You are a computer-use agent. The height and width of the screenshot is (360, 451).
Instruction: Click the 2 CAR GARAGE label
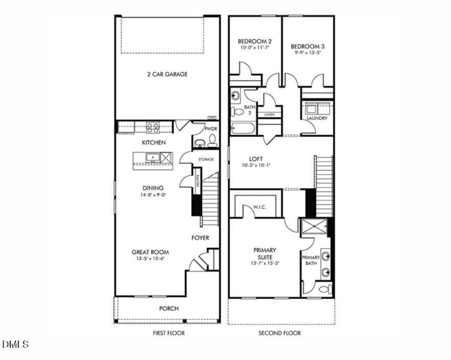click(167, 74)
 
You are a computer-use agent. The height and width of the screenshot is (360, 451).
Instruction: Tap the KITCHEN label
click(153, 143)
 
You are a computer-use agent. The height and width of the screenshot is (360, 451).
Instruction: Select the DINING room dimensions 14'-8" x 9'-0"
click(153, 195)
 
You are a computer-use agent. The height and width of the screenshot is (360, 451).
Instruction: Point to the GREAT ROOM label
click(150, 252)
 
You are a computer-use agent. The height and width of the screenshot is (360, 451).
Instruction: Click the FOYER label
click(200, 238)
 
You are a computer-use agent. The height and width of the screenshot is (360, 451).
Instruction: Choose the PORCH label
click(169, 308)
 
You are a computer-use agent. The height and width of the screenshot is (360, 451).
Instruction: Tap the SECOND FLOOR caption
click(280, 333)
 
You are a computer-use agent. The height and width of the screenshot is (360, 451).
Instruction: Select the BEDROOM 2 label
click(255, 42)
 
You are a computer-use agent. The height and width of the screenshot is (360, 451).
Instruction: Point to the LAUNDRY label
click(317, 118)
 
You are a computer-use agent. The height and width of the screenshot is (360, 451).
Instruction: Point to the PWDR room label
click(211, 129)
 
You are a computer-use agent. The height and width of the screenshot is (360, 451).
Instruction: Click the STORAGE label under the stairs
click(206, 159)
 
